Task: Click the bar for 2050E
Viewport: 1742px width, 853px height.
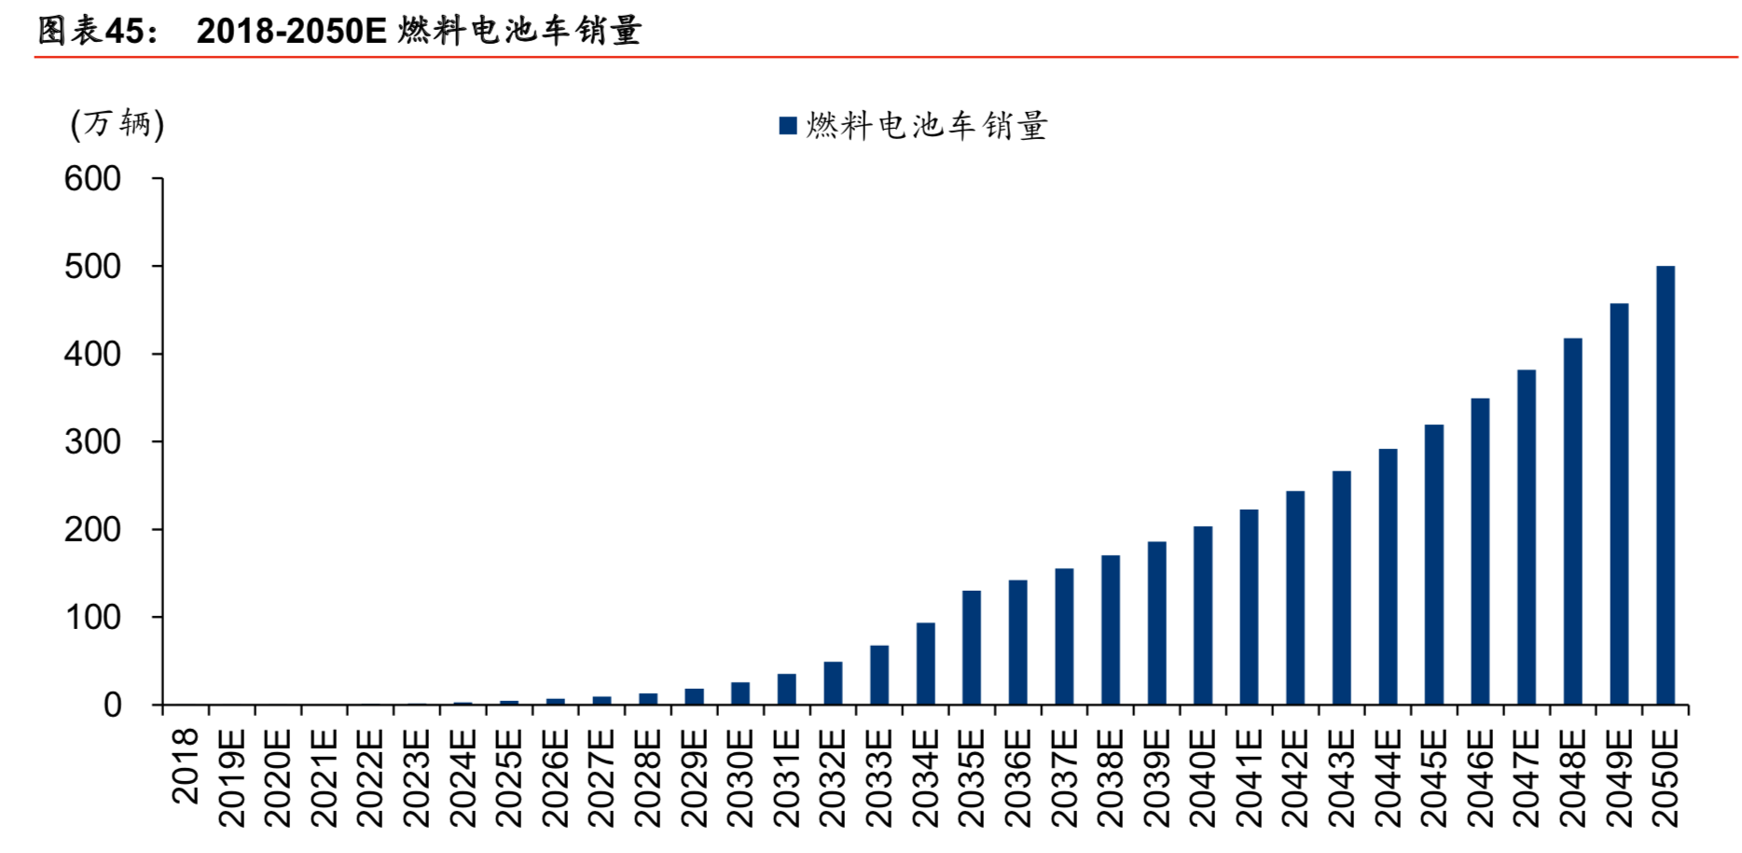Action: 1665,485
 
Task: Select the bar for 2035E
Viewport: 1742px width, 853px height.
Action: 971,648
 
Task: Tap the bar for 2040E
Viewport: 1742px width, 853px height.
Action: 1202,616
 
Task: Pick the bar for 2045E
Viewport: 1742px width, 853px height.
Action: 1433,565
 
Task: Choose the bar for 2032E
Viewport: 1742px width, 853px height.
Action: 833,683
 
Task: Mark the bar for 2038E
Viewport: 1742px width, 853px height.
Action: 1110,630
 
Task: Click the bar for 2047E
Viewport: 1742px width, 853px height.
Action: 1526,538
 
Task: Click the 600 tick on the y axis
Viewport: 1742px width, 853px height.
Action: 92,178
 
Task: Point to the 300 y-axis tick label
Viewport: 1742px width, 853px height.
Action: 92,441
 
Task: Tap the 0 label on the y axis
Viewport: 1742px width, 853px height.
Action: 112,706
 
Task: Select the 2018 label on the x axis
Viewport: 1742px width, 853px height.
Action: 187,765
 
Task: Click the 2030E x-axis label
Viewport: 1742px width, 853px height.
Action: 740,777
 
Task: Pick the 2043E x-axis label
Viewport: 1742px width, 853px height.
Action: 1341,777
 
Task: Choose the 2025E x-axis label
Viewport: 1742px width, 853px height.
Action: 509,777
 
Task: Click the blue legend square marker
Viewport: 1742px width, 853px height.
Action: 788,125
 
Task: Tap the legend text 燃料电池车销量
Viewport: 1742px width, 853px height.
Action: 927,125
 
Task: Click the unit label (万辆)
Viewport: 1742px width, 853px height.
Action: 118,123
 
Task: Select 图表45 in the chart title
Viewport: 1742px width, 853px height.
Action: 97,31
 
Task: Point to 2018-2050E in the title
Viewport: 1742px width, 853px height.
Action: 291,31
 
